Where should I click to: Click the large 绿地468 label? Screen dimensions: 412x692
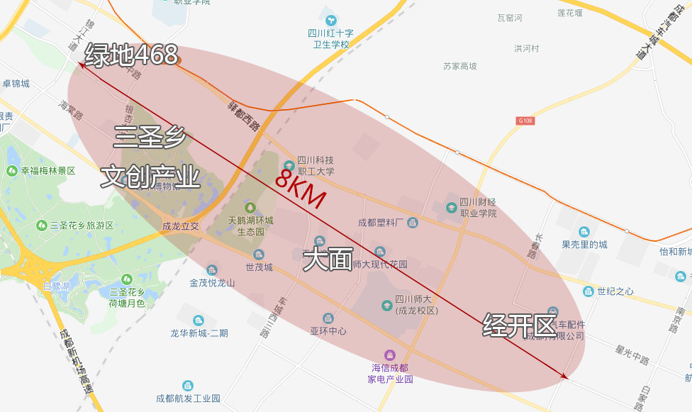(131, 55)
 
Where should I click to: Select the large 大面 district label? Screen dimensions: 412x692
(328, 260)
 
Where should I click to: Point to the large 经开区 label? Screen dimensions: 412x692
(519, 325)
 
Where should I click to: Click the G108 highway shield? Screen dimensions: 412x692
(525, 121)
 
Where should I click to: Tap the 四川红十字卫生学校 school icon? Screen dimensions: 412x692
(330, 19)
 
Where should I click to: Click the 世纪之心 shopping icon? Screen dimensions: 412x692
(588, 291)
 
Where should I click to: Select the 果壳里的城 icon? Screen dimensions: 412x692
(584, 232)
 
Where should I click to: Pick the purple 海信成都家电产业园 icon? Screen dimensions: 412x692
(389, 355)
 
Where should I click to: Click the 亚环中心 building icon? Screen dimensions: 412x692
(328, 318)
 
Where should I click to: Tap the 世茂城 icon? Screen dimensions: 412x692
(259, 255)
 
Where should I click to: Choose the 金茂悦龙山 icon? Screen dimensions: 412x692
(212, 269)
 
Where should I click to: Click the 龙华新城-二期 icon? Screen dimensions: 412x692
(198, 321)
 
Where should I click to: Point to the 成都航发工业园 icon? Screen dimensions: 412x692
(188, 386)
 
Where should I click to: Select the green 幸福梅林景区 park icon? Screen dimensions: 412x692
(12, 171)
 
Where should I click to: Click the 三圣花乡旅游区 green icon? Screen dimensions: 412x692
(42, 226)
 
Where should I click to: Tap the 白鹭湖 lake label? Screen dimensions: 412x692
(56, 286)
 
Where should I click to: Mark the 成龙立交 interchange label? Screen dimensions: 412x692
(180, 227)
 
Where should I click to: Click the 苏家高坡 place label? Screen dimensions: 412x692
(460, 66)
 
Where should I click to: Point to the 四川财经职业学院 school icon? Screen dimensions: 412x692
(452, 208)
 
